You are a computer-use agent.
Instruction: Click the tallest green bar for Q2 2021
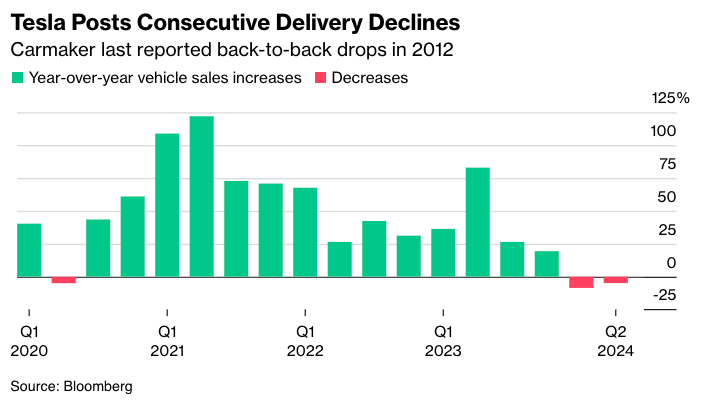click(x=201, y=196)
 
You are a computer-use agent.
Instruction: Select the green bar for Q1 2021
click(x=167, y=205)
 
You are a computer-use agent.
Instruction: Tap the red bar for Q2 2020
click(x=64, y=280)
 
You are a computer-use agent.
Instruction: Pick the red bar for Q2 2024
click(x=615, y=280)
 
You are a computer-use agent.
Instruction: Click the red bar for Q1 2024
click(x=581, y=282)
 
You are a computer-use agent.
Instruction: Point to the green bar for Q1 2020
click(x=29, y=250)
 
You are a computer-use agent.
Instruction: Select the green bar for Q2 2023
click(x=477, y=222)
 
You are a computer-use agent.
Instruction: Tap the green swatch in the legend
click(x=17, y=77)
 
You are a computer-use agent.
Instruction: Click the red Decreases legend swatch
click(x=320, y=77)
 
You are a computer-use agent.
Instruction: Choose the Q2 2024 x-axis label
click(x=615, y=340)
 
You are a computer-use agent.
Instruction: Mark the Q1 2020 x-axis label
click(x=29, y=340)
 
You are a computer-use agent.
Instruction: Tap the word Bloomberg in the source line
click(x=99, y=385)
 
